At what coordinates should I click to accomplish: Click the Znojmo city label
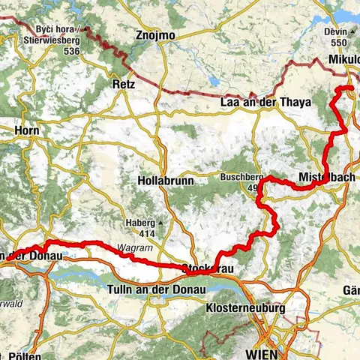[156, 35]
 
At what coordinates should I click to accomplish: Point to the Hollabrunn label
[166, 181]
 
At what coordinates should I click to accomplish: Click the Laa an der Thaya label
[265, 103]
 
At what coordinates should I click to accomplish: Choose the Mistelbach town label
[327, 175]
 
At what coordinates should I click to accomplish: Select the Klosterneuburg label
[245, 307]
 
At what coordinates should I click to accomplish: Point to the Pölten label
[26, 355]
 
